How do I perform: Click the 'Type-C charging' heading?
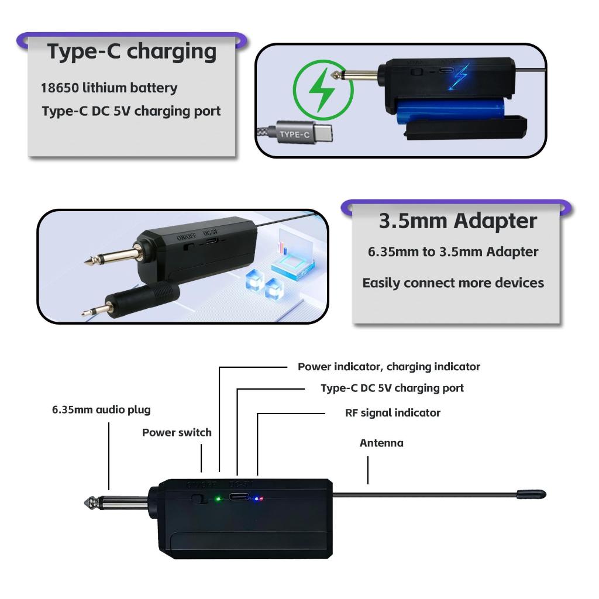(132, 51)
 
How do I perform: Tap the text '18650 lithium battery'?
(109, 88)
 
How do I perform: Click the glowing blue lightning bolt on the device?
(462, 77)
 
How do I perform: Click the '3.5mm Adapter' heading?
(457, 221)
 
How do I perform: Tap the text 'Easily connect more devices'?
(453, 283)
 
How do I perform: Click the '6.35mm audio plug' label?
(101, 410)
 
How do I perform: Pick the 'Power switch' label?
(177, 433)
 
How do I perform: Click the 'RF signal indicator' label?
(393, 413)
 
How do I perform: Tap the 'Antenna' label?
(381, 443)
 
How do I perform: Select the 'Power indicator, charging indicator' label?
(388, 367)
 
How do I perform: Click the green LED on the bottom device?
(218, 499)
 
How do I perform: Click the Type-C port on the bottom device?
(239, 498)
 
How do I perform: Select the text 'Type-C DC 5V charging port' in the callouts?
(392, 388)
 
